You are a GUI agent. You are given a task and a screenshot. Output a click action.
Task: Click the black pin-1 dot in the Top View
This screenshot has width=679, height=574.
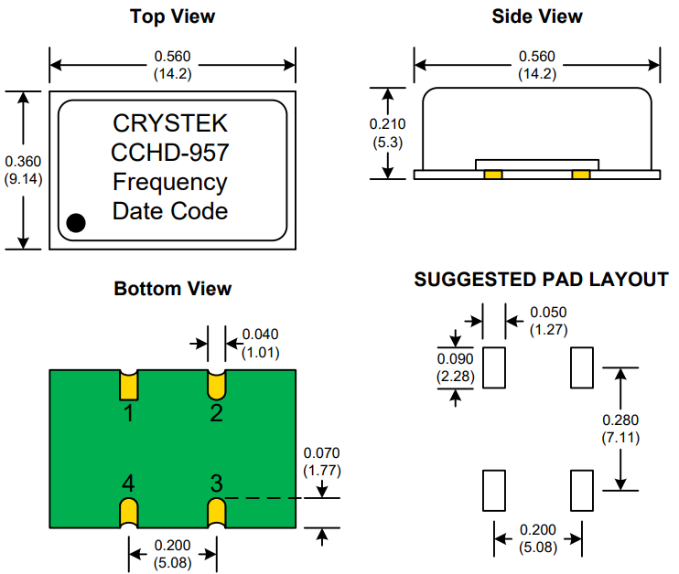[76, 223]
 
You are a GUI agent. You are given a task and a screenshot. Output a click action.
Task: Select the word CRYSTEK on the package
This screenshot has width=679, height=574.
[170, 123]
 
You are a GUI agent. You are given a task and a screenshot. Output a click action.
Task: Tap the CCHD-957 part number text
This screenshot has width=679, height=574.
[170, 153]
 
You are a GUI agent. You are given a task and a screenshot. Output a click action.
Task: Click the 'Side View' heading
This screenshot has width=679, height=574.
[537, 16]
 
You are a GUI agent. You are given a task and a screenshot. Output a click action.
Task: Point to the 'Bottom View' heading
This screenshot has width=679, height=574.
[172, 289]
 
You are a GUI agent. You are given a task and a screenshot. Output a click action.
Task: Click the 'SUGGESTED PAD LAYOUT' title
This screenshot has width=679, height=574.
[542, 280]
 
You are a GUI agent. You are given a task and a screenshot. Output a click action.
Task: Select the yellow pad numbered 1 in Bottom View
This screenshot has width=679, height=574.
[129, 386]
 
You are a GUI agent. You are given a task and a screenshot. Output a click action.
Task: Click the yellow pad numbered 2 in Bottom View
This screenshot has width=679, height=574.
[217, 386]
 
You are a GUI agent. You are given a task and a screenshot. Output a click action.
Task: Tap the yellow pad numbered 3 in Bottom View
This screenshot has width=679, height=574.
[217, 513]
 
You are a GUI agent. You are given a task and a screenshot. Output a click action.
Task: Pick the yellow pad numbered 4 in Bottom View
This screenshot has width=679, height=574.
[129, 513]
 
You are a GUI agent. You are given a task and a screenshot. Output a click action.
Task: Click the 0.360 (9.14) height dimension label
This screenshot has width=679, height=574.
[23, 170]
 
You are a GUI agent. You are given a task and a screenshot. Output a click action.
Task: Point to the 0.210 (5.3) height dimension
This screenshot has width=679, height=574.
[388, 133]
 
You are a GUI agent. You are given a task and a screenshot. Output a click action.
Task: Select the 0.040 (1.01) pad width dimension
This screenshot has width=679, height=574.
[260, 344]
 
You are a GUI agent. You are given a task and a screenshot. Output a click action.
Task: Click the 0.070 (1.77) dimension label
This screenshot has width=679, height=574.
[322, 462]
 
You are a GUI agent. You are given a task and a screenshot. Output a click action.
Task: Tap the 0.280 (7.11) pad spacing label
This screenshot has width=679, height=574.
[620, 429]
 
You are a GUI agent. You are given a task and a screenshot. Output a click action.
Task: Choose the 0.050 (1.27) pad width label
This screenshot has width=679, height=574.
[549, 321]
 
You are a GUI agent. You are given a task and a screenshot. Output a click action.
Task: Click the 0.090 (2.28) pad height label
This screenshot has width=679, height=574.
[455, 367]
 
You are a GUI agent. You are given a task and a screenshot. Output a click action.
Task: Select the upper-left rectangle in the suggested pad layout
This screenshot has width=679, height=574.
[494, 367]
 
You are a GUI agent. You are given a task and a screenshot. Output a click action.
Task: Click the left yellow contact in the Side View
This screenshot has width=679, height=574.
[493, 175]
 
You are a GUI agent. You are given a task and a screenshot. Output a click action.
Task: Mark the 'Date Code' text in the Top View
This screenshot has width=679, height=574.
[170, 211]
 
